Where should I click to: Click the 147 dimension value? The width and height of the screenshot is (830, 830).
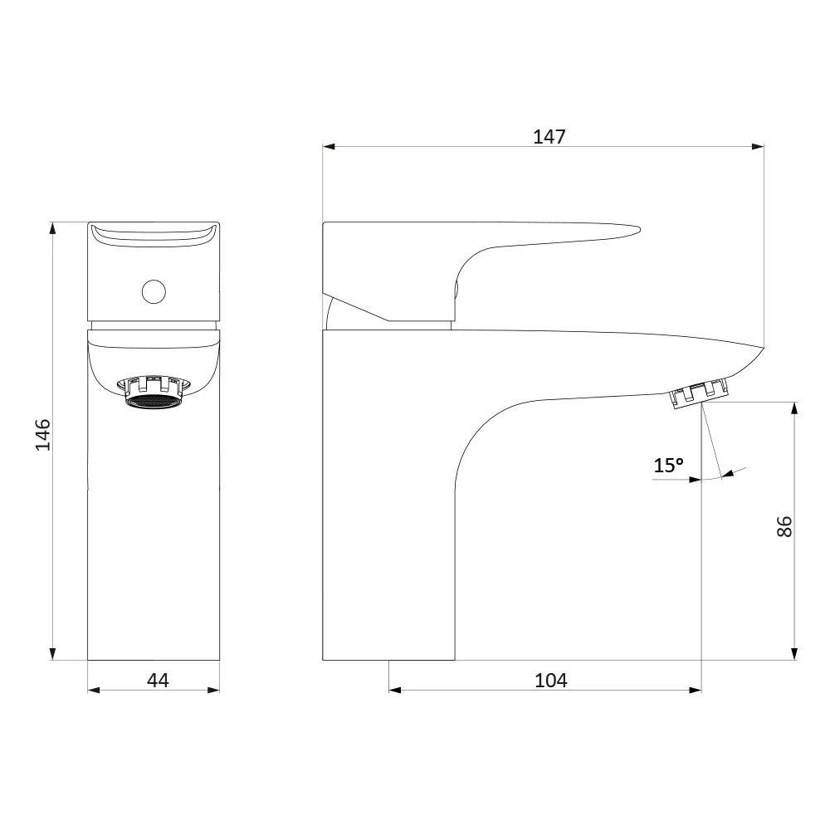(549, 137)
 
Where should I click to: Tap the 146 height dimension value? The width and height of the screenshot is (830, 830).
(43, 435)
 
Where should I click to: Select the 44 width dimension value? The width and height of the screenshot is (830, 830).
(158, 681)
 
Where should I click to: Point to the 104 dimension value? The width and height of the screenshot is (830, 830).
(550, 681)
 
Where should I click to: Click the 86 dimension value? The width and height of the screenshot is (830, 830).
(784, 527)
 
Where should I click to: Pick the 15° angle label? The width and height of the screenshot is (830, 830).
(668, 466)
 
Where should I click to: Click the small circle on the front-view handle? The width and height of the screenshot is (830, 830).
(154, 291)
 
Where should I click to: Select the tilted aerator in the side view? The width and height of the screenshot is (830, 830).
(701, 393)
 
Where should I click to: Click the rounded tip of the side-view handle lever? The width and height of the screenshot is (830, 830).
(637, 230)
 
